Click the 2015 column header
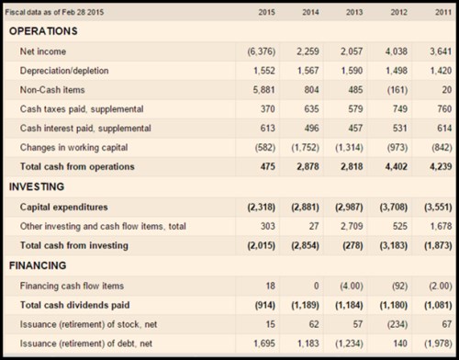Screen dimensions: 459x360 pos(266,12)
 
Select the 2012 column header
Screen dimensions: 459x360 pos(398,12)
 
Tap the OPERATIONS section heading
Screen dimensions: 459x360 pos(43,31)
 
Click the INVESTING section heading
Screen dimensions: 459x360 pos(37,186)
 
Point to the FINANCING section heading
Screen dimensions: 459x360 pos(38,265)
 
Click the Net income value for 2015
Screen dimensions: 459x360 pos(262,51)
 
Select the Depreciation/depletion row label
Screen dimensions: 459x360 pos(64,71)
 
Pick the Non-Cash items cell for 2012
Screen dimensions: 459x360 pos(397,90)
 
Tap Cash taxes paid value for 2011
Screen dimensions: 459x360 pos(444,109)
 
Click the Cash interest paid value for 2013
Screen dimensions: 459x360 pos(355,129)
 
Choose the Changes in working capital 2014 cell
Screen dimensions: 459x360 pos(306,148)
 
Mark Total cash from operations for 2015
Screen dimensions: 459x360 pos(268,166)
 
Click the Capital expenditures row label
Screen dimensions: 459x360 pos(64,208)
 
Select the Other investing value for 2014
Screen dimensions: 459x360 pos(314,226)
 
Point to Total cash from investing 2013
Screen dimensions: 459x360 pos(353,245)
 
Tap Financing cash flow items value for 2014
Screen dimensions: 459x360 pos(317,286)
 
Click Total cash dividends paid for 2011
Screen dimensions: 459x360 pos(438,305)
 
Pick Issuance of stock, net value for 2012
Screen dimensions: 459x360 pos(397,324)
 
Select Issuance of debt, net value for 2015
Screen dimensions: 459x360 pos(264,343)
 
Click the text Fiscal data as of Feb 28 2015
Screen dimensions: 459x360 pos(54,12)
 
